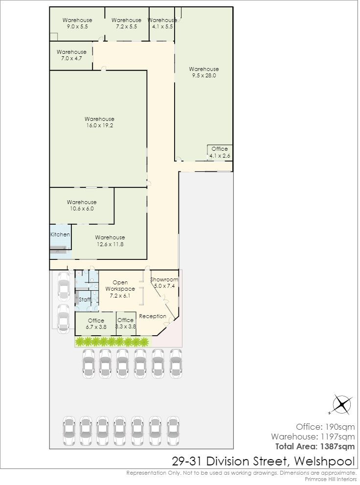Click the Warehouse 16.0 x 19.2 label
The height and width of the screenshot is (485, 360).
tap(99, 122)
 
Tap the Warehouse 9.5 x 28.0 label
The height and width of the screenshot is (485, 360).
tap(203, 72)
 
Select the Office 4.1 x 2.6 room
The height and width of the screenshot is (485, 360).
tap(220, 153)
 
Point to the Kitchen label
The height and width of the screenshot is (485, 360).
tap(60, 234)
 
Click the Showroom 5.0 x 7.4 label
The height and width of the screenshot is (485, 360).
tap(164, 283)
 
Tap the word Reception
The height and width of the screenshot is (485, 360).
tap(153, 316)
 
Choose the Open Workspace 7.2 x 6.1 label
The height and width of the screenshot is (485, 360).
tap(120, 289)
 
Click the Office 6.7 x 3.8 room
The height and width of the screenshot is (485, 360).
tap(96, 324)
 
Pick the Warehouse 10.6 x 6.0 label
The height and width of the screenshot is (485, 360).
tap(82, 206)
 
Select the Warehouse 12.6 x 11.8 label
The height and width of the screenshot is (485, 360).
tap(110, 241)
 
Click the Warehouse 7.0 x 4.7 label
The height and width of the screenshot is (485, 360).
tap(71, 55)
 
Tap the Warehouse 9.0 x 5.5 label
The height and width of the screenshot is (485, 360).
tap(77, 23)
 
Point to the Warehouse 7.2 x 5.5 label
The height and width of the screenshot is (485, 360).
tap(126, 23)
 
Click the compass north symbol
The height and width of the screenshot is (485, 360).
tap(342, 404)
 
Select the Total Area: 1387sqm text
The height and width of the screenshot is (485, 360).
tap(315, 446)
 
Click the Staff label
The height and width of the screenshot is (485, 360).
tap(85, 300)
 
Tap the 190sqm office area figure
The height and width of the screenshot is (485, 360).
tap(340, 427)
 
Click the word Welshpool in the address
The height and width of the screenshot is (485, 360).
tap(324, 462)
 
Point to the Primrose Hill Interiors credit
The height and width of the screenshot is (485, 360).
tap(331, 479)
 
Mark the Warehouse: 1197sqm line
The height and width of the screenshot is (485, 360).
tap(313, 437)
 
